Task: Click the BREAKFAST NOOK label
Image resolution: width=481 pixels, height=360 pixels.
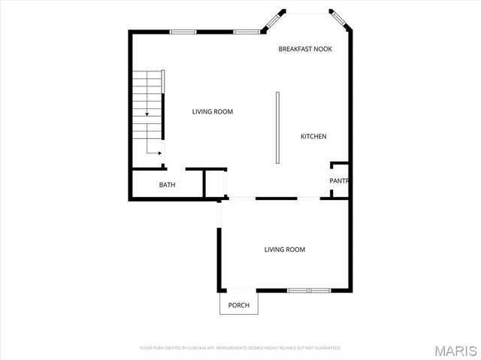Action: click(305, 49)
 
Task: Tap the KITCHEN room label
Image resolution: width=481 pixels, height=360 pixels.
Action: click(313, 136)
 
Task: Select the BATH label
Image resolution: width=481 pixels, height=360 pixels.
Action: click(167, 185)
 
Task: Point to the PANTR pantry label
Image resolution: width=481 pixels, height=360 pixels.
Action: click(338, 181)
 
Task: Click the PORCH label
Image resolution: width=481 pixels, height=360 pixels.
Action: click(239, 305)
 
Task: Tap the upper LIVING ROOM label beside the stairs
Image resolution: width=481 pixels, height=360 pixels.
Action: click(213, 112)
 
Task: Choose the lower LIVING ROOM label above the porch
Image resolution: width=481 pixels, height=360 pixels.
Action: click(284, 250)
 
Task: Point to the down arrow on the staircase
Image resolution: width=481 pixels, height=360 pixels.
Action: click(147, 112)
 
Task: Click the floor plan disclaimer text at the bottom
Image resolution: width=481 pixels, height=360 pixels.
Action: click(240, 348)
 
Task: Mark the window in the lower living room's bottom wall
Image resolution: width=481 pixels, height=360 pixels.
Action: click(309, 290)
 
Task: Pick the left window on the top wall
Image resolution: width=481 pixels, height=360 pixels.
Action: click(183, 32)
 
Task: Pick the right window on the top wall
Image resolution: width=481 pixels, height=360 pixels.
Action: click(246, 32)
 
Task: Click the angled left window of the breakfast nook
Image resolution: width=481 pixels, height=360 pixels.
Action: click(273, 21)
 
